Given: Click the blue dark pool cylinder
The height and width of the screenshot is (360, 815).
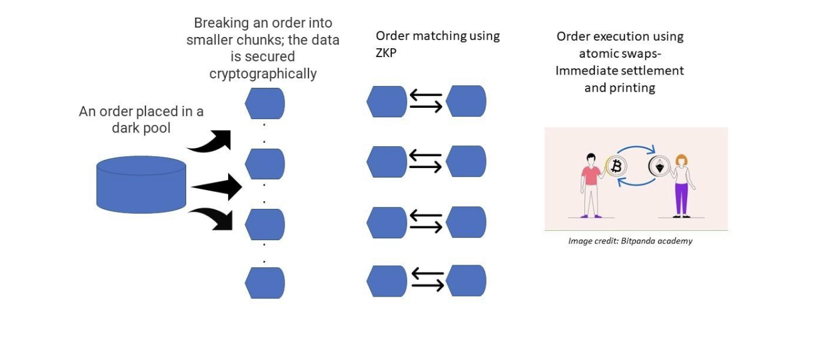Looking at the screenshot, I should (x=141, y=184).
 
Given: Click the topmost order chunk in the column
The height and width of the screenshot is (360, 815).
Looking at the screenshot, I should (x=265, y=103).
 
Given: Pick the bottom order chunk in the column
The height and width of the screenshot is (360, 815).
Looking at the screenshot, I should (x=265, y=283).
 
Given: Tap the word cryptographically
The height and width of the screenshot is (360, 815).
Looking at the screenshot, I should (x=263, y=74).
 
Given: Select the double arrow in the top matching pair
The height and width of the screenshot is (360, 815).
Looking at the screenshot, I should (x=426, y=102).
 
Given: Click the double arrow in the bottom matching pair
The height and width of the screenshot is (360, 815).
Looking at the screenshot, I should (x=428, y=280).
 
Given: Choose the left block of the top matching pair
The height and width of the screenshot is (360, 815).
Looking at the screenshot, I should (x=387, y=102).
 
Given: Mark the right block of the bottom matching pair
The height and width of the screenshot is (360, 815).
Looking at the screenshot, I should (x=466, y=280).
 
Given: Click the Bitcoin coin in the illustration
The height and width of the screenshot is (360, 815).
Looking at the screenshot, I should (x=616, y=166).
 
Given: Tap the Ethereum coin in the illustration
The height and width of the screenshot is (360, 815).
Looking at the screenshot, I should (x=659, y=167).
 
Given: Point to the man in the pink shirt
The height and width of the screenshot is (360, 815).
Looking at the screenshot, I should (x=589, y=182).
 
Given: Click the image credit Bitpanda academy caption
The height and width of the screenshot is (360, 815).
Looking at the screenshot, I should (x=630, y=241).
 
